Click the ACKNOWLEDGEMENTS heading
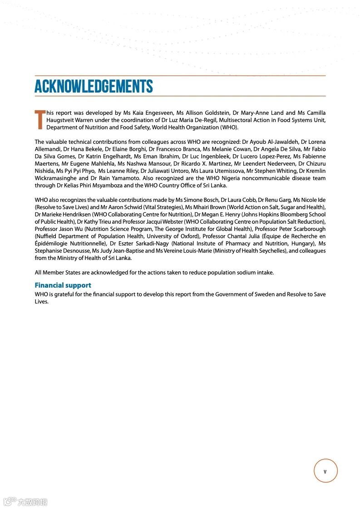(94, 86)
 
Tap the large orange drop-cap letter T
(40, 119)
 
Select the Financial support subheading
(63, 285)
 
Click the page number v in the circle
(325, 471)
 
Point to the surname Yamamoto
(122, 178)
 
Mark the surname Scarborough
(306, 229)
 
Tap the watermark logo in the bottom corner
(25, 502)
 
